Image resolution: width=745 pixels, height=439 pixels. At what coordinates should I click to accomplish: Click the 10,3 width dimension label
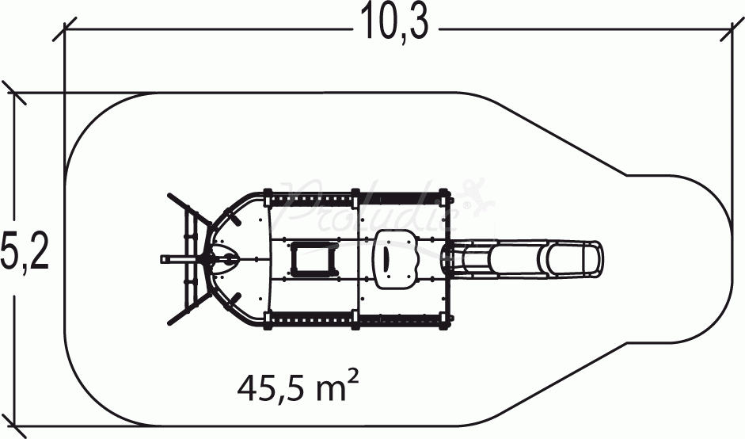396,24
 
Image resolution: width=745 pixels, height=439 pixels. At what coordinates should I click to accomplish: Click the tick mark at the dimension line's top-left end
65,30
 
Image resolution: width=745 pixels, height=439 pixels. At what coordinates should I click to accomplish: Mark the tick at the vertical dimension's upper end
14,93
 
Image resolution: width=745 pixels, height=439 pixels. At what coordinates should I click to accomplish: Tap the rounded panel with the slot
394,258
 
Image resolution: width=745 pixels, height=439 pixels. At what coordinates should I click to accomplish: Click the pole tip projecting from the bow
165,258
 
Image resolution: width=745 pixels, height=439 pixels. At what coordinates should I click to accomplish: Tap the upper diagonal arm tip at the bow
169,195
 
